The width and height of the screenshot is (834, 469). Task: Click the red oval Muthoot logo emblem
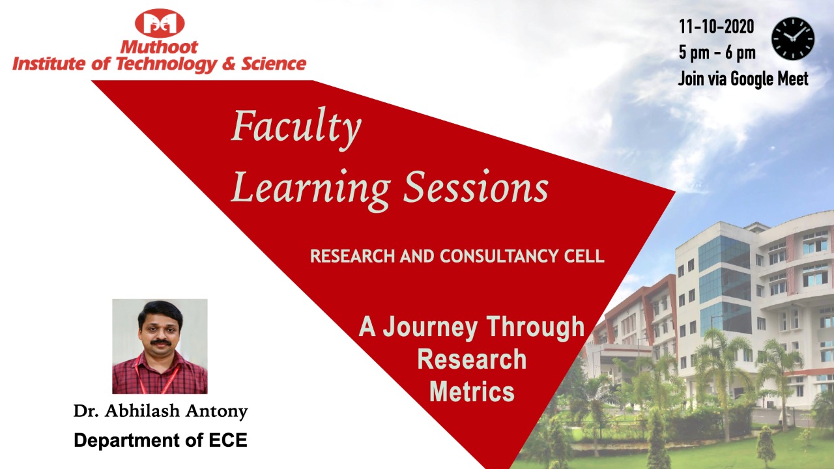click(x=160, y=23)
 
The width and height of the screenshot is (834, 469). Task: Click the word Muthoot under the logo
click(x=159, y=48)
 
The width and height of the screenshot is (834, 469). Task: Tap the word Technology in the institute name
click(x=166, y=64)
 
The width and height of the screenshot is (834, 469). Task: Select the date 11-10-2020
click(x=717, y=27)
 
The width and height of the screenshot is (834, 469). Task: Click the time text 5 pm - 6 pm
click(x=717, y=53)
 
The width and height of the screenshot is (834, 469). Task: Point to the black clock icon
click(x=793, y=38)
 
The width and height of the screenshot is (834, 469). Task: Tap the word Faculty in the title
click(x=296, y=128)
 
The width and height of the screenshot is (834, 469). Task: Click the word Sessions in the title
click(x=476, y=186)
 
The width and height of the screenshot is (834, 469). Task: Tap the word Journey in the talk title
click(x=431, y=328)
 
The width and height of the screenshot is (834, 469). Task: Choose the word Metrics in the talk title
click(x=472, y=391)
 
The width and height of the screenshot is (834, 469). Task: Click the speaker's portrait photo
click(x=160, y=346)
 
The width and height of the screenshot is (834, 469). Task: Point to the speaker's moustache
click(x=161, y=342)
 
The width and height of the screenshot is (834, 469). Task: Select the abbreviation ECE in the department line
click(x=227, y=440)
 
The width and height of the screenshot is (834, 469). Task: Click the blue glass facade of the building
click(x=724, y=285)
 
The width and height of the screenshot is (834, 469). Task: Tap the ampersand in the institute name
click(x=229, y=63)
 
